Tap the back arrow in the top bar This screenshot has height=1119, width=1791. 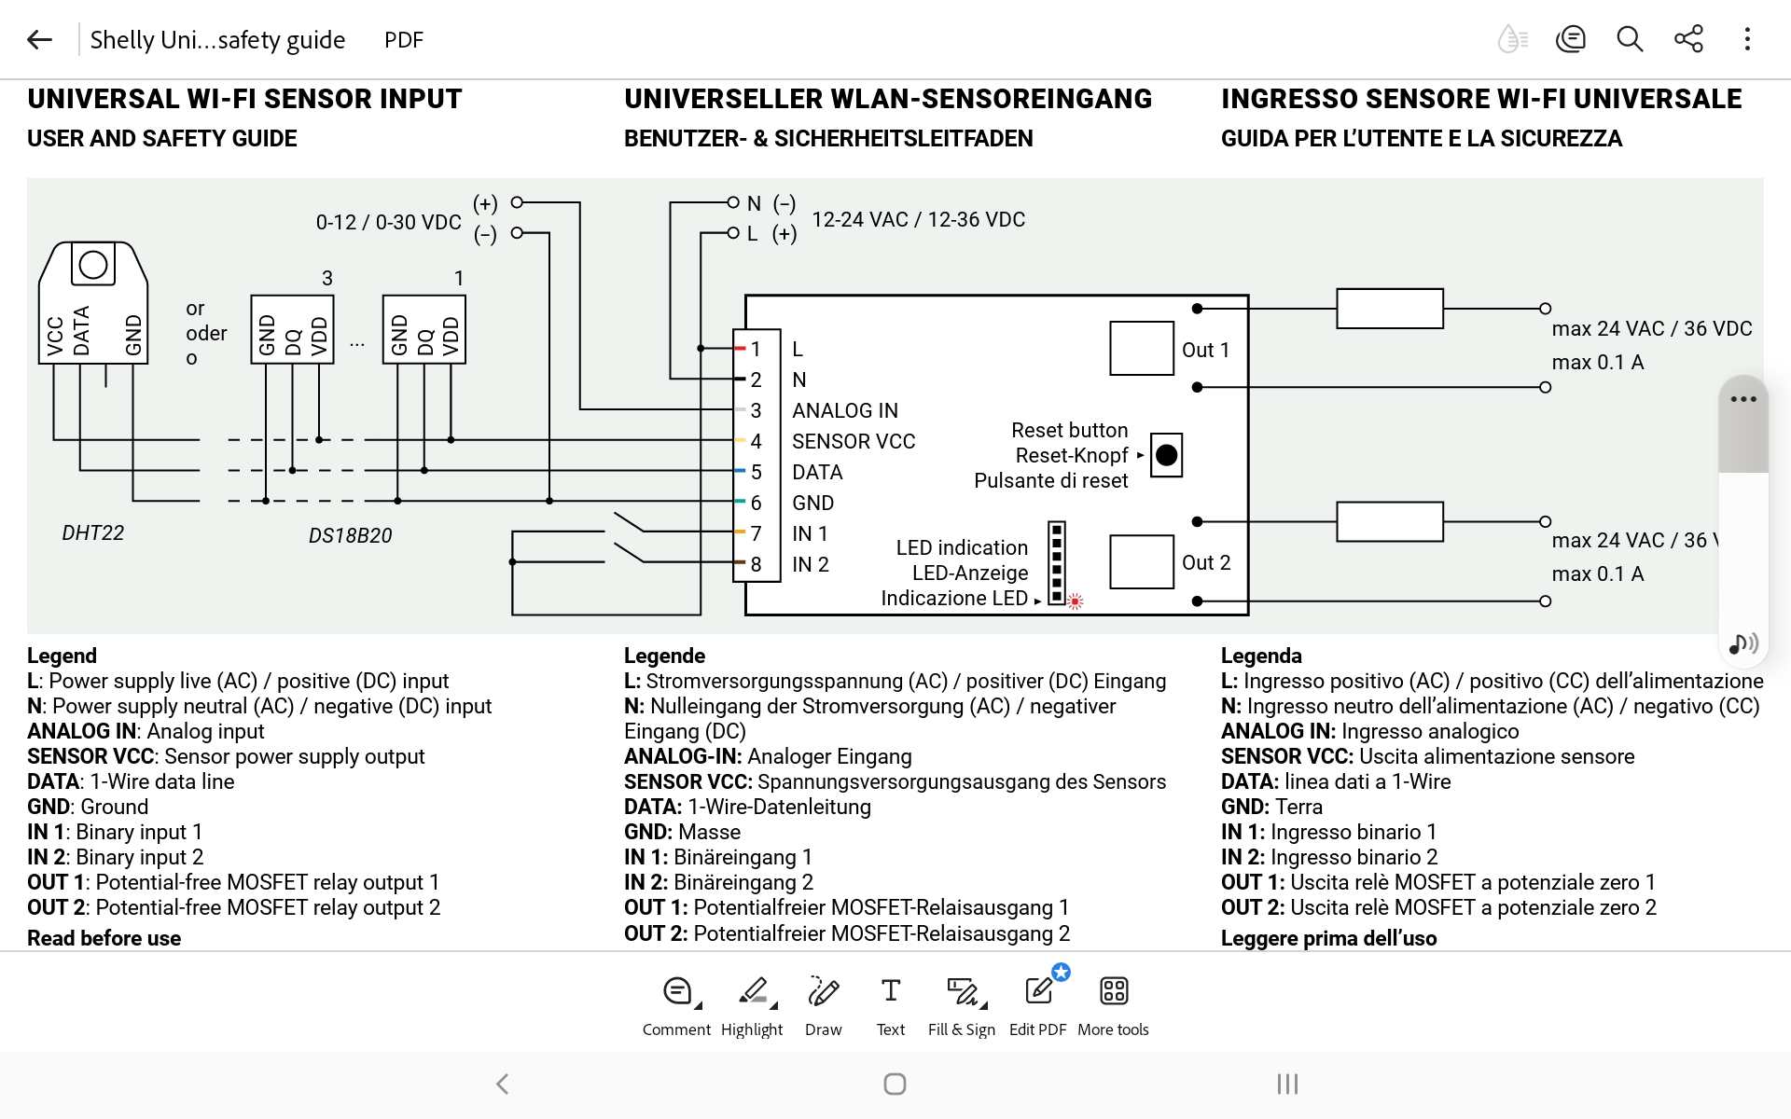(x=39, y=39)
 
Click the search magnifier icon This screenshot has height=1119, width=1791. (x=1630, y=39)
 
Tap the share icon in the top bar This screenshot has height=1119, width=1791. (x=1688, y=39)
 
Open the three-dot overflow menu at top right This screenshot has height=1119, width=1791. (x=1747, y=39)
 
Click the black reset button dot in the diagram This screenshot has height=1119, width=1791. (x=1166, y=455)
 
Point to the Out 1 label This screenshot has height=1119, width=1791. (x=1205, y=350)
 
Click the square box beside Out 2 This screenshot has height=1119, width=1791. (x=1142, y=561)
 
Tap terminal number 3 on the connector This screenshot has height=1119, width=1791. (x=756, y=410)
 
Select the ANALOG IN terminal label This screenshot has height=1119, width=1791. (x=845, y=410)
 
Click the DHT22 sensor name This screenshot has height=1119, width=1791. (x=92, y=532)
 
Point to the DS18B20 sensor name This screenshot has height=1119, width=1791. (x=350, y=535)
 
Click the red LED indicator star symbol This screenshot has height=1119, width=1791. (x=1076, y=601)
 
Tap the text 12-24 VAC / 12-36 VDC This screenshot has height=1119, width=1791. (x=918, y=219)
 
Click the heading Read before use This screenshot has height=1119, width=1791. (x=104, y=938)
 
